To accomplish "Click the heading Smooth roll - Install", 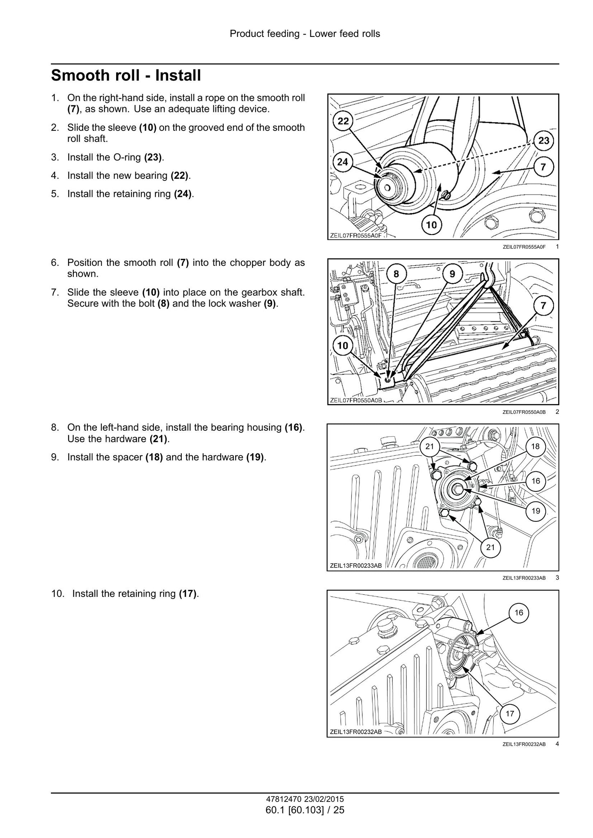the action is pos(126,76).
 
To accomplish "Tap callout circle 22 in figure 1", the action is pos(343,121).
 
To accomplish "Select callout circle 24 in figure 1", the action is pos(342,162).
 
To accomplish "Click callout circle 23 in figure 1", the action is pos(543,141).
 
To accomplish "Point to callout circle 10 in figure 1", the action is pos(431,224).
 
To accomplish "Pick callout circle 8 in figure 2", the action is pos(396,274).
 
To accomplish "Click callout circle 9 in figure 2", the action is pos(452,274).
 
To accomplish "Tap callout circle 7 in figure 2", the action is pos(543,306).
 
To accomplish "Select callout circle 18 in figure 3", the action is pos(535,447).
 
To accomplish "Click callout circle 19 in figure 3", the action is pos(536,511).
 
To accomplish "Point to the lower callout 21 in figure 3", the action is pos(490,547).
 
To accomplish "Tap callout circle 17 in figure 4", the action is pos(510,714).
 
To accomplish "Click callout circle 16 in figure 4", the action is pos(519,613).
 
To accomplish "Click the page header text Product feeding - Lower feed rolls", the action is pos(305,34).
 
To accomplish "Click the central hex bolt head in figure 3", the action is pos(457,489).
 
